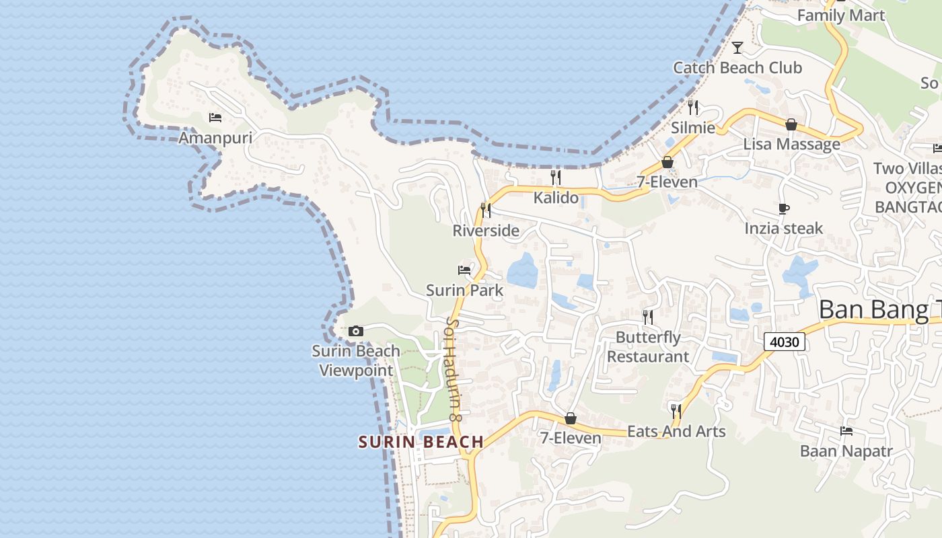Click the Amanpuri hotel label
point(215,138)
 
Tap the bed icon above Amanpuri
point(215,118)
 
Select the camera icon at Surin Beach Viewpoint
point(356,331)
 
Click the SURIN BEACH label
point(421,442)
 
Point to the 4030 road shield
point(785,342)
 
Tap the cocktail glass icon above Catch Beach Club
point(737,47)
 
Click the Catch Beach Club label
point(737,68)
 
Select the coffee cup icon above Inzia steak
point(783,208)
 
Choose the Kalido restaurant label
point(556,198)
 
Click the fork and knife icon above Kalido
point(556,178)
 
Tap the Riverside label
point(486,231)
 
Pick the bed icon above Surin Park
point(464,270)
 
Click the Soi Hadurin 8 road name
point(454,369)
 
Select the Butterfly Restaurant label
point(649,347)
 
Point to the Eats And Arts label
point(676,432)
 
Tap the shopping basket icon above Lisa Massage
point(791,124)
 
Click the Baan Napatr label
point(846,451)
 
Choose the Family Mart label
point(841,15)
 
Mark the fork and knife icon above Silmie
point(693,107)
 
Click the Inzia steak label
point(783,229)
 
